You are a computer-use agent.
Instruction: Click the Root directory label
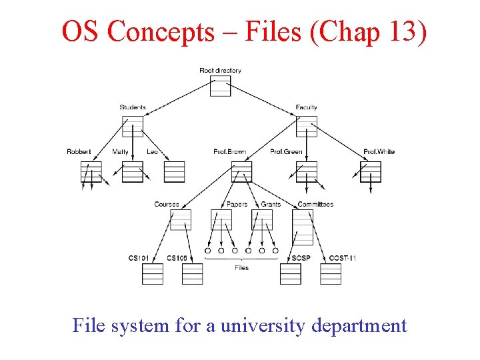(x=220, y=71)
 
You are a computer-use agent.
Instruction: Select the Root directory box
(x=220, y=86)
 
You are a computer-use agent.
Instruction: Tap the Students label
(x=133, y=107)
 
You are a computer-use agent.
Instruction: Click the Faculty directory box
(x=307, y=127)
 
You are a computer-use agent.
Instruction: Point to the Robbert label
(x=79, y=152)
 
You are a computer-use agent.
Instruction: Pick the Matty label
(x=121, y=152)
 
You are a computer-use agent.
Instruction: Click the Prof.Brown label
(x=230, y=152)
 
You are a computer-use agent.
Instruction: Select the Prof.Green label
(x=286, y=152)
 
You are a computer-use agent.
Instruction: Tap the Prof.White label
(x=379, y=152)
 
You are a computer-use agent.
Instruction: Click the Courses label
(x=167, y=205)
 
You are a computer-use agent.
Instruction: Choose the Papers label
(x=237, y=205)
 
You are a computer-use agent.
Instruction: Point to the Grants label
(x=271, y=205)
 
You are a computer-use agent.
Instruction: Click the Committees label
(x=315, y=205)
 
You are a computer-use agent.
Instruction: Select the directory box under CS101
(x=153, y=273)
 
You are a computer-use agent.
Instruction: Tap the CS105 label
(x=177, y=258)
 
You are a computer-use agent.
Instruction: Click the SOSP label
(x=301, y=258)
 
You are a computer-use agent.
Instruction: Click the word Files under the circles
(x=241, y=268)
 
